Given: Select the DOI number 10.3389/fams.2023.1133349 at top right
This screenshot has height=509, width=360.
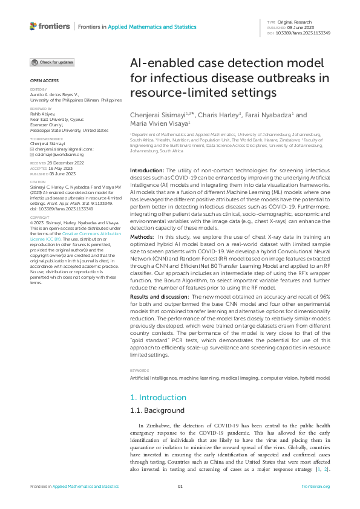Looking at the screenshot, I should (304, 33).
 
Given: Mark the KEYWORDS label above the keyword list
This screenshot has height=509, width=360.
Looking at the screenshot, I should (139, 370).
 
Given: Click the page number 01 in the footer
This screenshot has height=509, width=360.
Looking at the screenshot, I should (180, 487).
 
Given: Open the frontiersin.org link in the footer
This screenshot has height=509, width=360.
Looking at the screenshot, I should (318, 487).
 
